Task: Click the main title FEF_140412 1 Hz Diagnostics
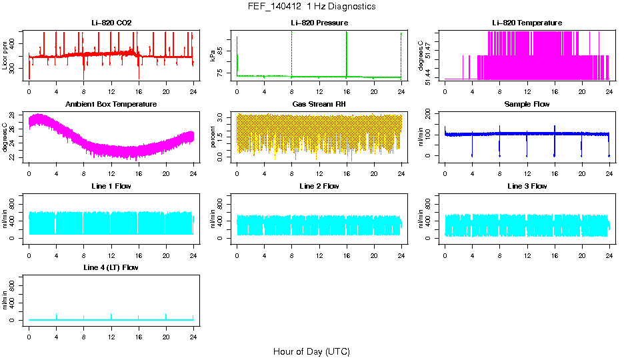tap(311, 7)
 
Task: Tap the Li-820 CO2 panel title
tap(111, 23)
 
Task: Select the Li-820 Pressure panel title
tap(319, 23)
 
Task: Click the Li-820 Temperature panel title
tap(527, 23)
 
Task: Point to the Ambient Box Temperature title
tap(111, 105)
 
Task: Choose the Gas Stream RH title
tap(319, 105)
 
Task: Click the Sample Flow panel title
tap(527, 105)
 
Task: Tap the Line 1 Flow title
tap(111, 186)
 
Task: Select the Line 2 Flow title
tap(319, 186)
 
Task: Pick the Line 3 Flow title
tap(527, 186)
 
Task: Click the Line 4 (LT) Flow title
tap(111, 267)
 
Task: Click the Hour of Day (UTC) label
tap(311, 351)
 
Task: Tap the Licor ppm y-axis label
tap(5, 56)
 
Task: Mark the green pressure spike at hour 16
tap(347, 50)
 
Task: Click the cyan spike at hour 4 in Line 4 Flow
tap(57, 315)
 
